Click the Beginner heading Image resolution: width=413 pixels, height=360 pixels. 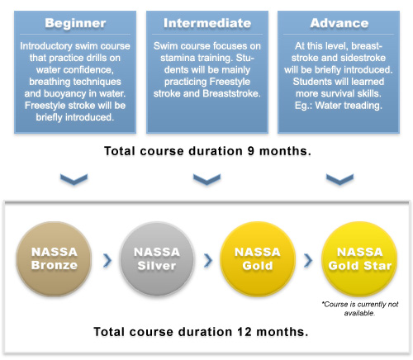pos(75,23)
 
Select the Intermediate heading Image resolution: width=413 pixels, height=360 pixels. pos(207,23)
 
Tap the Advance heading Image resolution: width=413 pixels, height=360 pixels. pos(339,23)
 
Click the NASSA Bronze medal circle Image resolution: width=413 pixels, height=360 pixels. pos(54,259)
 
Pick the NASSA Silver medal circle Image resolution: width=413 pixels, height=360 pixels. pos(157,259)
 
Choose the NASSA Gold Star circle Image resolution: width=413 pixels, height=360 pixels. pos(359,259)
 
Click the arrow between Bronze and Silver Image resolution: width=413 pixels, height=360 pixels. pos(107,260)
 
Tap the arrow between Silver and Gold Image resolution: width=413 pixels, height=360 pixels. pos(208,260)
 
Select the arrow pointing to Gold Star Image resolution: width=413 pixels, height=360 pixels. pos(308,260)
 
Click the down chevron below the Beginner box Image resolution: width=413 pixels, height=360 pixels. pos(74,179)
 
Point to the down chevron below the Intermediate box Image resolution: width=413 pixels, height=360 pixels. pos(206,179)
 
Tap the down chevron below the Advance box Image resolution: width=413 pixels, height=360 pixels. pos(339,179)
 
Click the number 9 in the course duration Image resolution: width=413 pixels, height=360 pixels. pos(250,151)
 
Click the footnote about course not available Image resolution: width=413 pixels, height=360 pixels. pos(360,309)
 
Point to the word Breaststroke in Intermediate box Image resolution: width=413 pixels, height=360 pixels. pos(231,93)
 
